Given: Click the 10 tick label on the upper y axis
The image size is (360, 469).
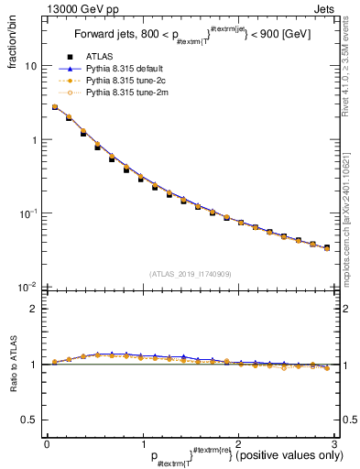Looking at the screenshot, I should [x=30, y=67].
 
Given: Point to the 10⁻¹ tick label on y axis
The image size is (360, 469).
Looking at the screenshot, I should [x=28, y=213].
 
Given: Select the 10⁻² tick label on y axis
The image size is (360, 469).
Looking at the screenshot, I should [x=28, y=286].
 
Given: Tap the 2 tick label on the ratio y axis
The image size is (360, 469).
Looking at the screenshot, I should [x=33, y=310].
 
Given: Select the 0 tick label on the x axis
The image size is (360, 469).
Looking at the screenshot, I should [x=46, y=443].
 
